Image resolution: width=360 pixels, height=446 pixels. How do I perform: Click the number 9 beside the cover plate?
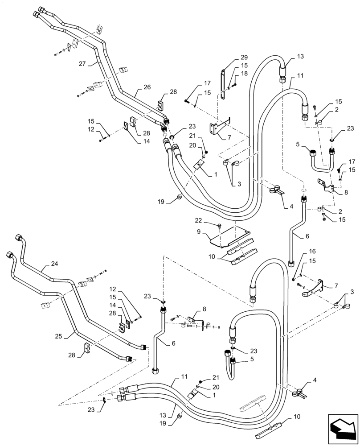[200, 232]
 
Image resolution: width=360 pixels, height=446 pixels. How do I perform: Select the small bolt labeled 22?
[220, 225]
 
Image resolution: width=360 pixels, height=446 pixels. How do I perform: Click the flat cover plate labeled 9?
[234, 236]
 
